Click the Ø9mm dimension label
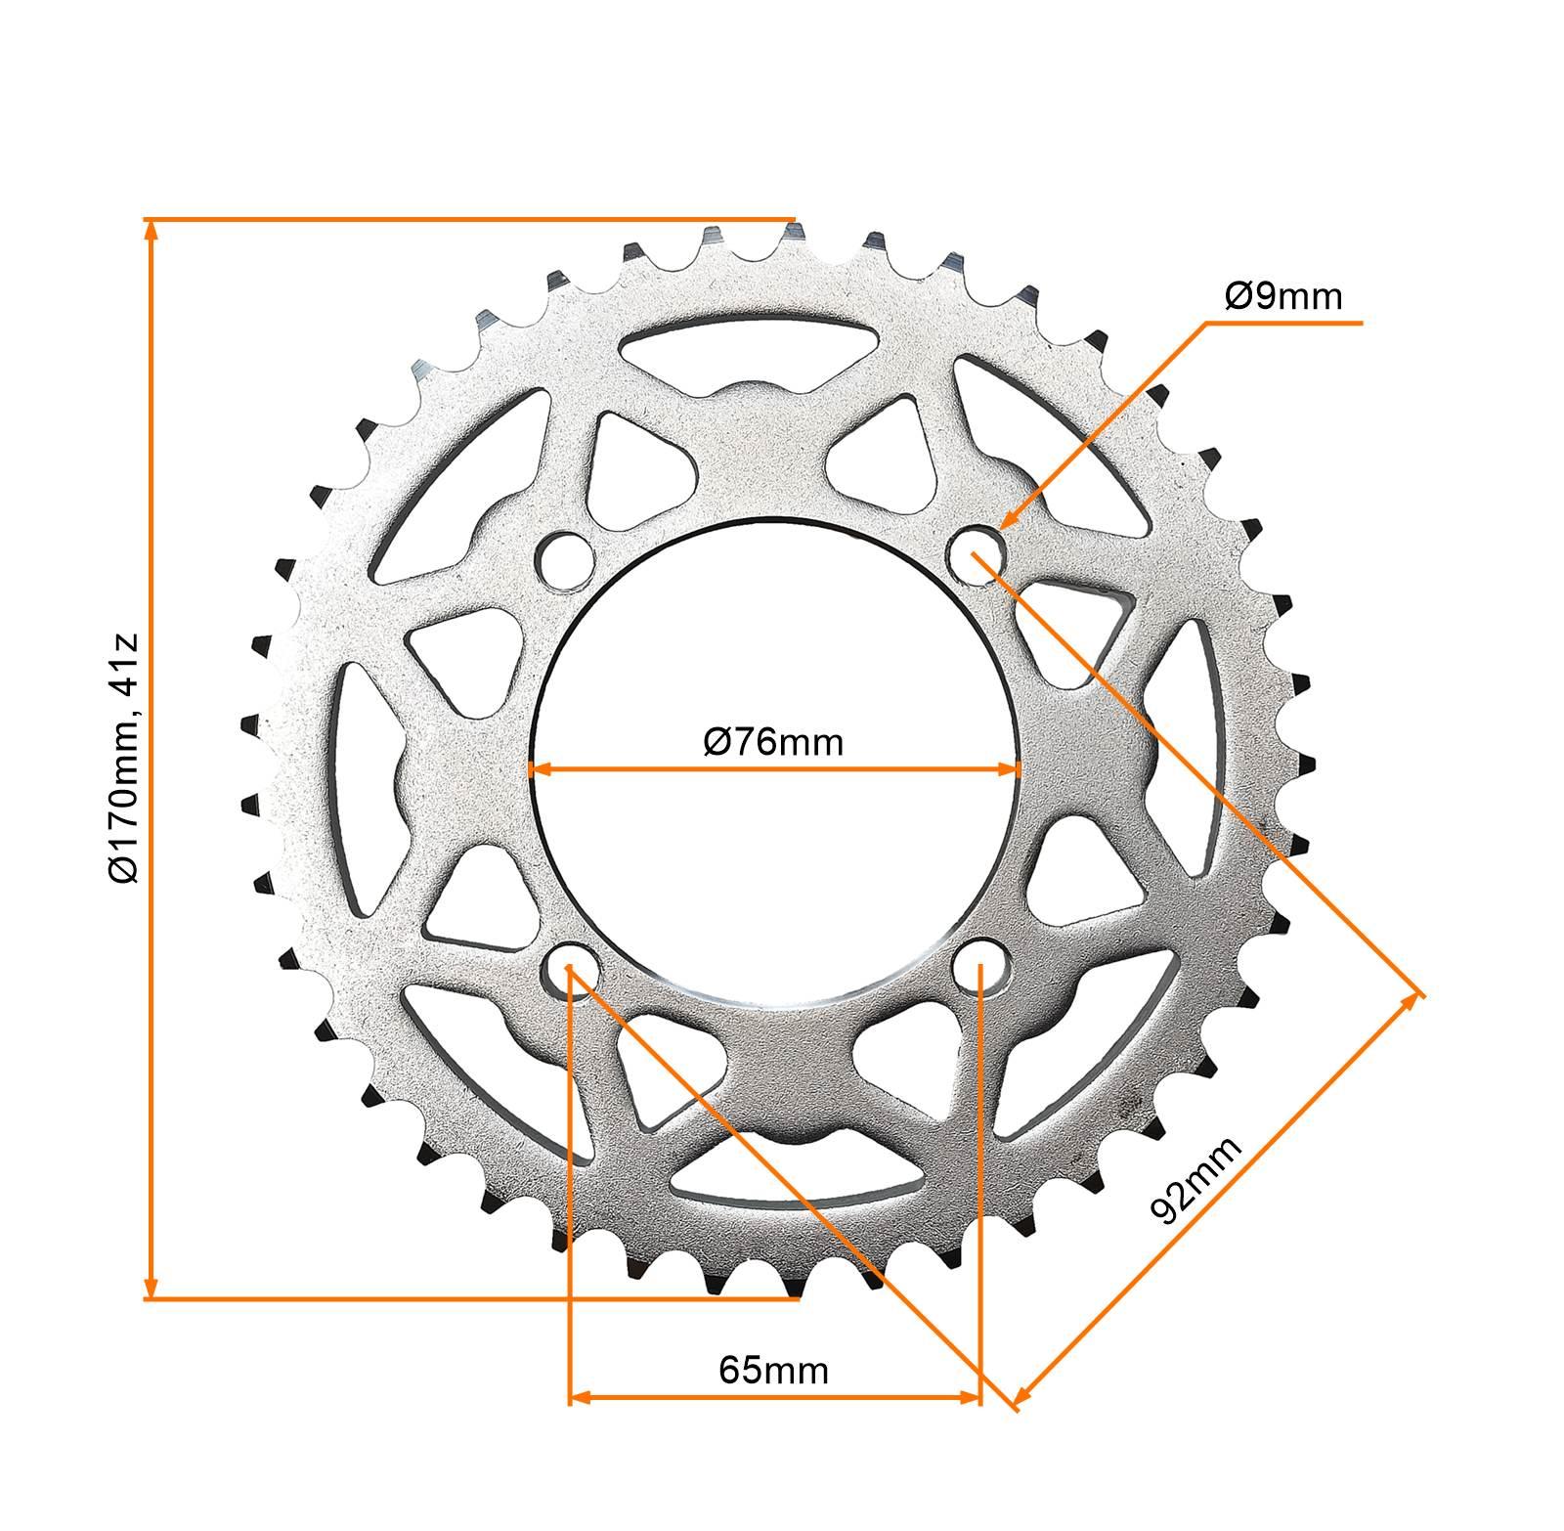(1284, 295)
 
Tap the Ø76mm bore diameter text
(772, 743)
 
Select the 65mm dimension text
(773, 1370)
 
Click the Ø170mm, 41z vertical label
(125, 759)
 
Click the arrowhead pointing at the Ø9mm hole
(1010, 519)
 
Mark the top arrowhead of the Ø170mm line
(151, 230)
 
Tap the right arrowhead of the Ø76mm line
(1013, 769)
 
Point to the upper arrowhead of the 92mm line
(1412, 1002)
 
